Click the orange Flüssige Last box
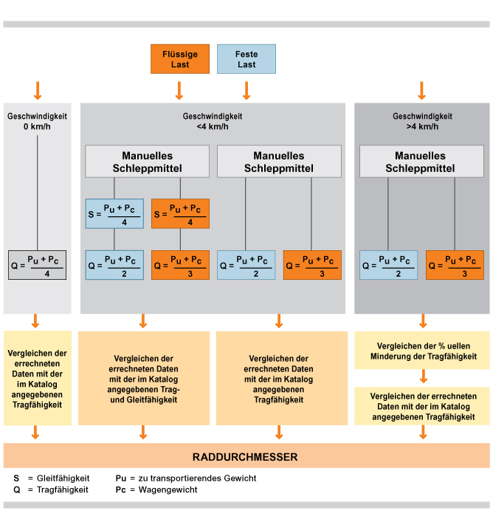tap(180, 59)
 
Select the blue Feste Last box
tap(246, 59)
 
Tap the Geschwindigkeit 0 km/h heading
tap(37, 121)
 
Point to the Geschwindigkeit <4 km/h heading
tap(213, 121)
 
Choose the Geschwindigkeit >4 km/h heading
tap(422, 121)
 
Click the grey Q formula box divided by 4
tap(37, 265)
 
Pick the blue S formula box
tap(114, 213)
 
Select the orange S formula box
tap(180, 213)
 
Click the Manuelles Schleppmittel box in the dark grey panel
tap(421, 161)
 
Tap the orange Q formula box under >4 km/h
tap(455, 265)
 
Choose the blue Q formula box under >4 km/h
tap(389, 265)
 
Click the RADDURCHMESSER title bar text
tap(245, 457)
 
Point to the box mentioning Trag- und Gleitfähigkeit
tap(144, 378)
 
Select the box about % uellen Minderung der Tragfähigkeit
tap(422, 351)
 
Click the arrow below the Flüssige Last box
tap(179, 91)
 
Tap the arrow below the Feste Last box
tap(246, 91)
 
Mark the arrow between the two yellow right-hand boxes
tap(424, 377)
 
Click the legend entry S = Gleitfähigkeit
tap(51, 478)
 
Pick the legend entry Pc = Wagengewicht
tap(156, 490)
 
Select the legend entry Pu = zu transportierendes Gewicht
tap(186, 478)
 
